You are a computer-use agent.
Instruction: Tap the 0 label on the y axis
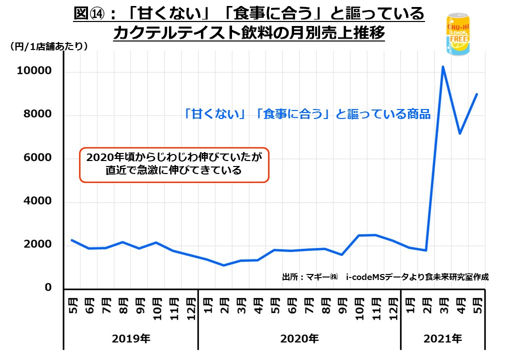tap(48, 288)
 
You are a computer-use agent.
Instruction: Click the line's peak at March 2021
tap(443, 66)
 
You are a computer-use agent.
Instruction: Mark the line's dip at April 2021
tap(459, 133)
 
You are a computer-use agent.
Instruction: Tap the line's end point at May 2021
tap(476, 94)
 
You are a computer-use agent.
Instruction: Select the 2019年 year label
tap(131, 338)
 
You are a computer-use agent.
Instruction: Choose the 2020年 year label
tap(299, 338)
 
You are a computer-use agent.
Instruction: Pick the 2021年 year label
tap(443, 338)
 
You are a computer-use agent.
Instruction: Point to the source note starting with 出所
tap(385, 276)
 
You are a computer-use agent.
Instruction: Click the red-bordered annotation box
tap(174, 164)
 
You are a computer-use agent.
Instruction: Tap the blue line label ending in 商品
tap(307, 114)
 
